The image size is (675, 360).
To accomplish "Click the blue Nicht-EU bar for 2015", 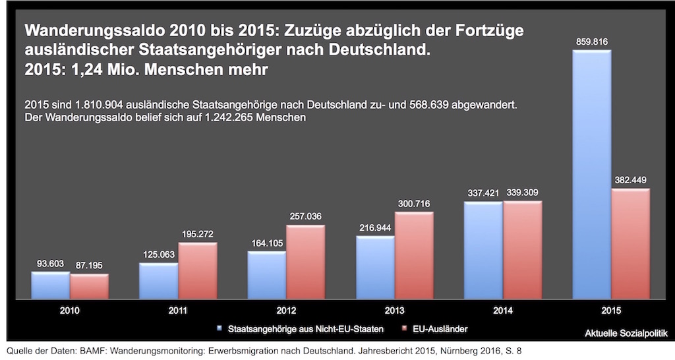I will [591, 175].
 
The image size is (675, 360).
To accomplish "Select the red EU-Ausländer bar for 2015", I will [630, 244].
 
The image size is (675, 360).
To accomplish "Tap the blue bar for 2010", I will [50, 285].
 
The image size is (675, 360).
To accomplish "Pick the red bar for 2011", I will [197, 271].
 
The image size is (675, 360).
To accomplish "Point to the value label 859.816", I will [591, 42].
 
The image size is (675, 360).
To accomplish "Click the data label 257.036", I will [305, 216].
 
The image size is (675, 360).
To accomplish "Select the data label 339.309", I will [523, 193].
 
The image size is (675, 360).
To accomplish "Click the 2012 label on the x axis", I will [285, 310].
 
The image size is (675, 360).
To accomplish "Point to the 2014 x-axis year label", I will [502, 310].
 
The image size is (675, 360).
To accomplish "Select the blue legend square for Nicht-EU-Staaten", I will [219, 328].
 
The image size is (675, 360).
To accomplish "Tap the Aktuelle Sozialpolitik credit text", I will [626, 334].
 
